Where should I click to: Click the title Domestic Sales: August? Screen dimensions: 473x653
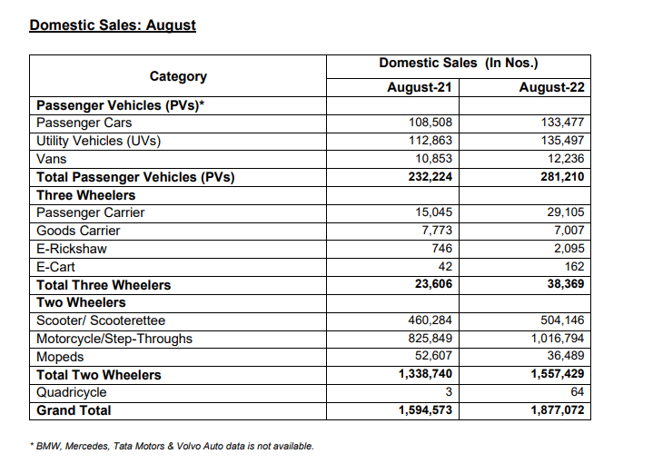click(113, 25)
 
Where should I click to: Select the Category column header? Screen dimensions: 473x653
click(178, 76)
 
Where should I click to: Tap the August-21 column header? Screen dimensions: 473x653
click(419, 88)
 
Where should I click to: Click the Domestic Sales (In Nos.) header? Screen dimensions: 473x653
click(458, 63)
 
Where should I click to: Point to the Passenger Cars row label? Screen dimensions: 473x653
click(84, 123)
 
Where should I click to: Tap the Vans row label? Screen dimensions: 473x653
click(51, 159)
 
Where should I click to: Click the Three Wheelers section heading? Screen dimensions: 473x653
click(85, 195)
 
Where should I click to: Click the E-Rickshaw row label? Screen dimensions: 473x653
click(70, 249)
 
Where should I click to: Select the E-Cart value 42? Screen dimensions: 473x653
click(444, 267)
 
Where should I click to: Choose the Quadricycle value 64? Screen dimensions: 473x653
click(577, 392)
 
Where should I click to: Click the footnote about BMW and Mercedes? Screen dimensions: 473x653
click(172, 446)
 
